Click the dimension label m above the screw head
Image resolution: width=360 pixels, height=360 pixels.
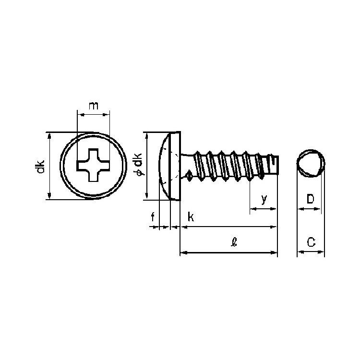coord(94,106)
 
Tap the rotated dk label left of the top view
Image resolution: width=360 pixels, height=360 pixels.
coord(40,167)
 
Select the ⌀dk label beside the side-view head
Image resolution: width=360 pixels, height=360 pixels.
coord(139,165)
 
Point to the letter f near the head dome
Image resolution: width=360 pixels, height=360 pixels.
coord(153,217)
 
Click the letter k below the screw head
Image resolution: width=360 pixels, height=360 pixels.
coord(191,217)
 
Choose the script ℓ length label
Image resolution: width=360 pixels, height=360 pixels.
coord(234,242)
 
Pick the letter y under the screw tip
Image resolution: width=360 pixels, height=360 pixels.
coord(264,199)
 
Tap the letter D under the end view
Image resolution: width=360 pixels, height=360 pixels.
coord(310,199)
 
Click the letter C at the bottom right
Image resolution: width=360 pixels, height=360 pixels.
coord(311,242)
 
